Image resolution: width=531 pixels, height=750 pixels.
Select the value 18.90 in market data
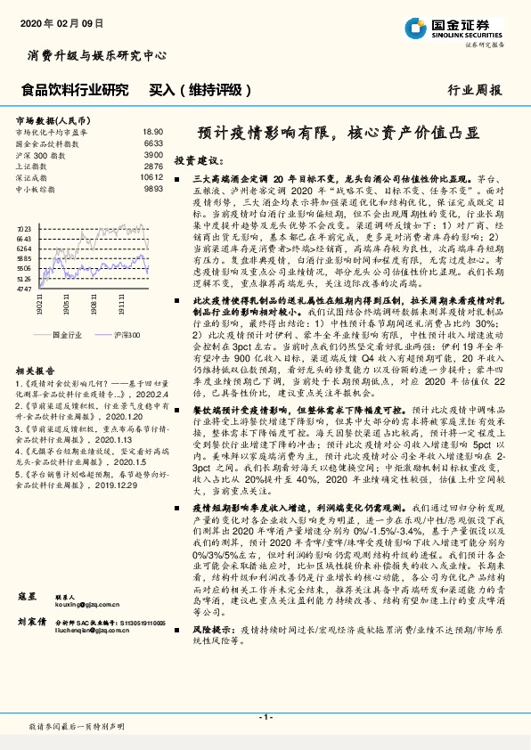pyautogui.click(x=152, y=131)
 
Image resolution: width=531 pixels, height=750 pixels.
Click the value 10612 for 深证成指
pyautogui.click(x=151, y=177)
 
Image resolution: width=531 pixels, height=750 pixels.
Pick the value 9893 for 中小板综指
pyautogui.click(x=152, y=189)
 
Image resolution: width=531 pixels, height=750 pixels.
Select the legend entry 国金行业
pyautogui.click(x=65, y=333)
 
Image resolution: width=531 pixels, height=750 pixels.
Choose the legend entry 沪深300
pyautogui.click(x=127, y=333)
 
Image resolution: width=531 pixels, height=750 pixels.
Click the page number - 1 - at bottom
pyautogui.click(x=265, y=716)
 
